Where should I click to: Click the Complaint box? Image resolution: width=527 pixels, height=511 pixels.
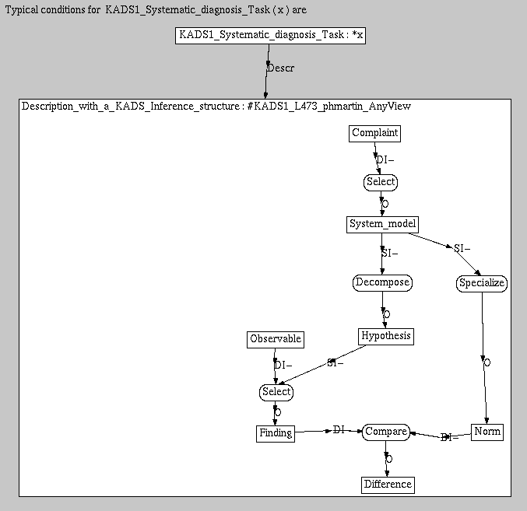tap(374, 133)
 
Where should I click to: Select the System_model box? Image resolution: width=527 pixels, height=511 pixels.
tap(382, 225)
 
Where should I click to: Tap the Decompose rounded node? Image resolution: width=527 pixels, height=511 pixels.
tap(381, 282)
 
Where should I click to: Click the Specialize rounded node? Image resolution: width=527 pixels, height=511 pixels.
tap(481, 283)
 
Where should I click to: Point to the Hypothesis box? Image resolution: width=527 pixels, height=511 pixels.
tap(385, 336)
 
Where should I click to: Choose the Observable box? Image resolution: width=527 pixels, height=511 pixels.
tap(276, 339)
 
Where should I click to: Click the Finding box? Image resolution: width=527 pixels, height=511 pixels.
tap(275, 433)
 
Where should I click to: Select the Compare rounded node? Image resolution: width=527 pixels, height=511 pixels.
tap(386, 432)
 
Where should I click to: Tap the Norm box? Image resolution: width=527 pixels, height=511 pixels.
tap(487, 432)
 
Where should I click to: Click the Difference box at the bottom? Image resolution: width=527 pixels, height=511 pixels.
tap(388, 485)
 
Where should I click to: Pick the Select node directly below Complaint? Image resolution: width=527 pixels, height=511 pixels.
tap(381, 182)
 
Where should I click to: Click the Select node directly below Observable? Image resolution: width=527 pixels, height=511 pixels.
tap(276, 392)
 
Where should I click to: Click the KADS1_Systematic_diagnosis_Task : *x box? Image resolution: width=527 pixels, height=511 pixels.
tap(270, 35)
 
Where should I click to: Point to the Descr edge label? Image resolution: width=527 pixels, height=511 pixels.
tap(280, 68)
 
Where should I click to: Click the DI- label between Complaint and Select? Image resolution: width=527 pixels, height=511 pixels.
tap(385, 160)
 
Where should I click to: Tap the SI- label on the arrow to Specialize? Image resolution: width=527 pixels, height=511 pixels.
tap(462, 249)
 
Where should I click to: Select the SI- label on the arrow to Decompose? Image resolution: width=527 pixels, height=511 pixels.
tap(389, 253)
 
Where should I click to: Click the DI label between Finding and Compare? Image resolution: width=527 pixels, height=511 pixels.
tap(339, 430)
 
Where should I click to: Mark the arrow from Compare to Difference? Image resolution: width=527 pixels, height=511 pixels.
tap(386, 458)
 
